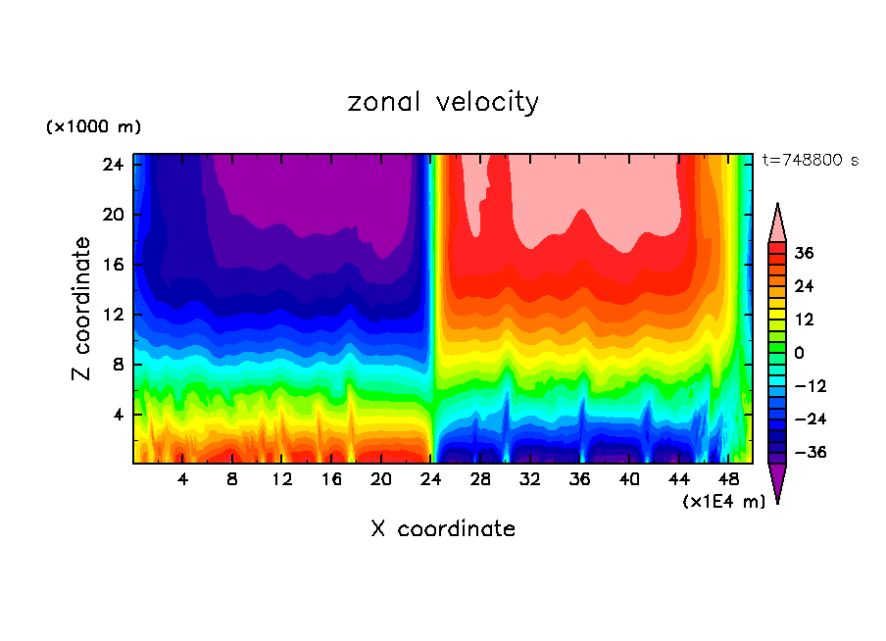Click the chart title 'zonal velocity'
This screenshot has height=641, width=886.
tap(443, 102)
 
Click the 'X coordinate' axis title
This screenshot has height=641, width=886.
tap(443, 529)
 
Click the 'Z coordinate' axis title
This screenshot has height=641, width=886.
tap(82, 309)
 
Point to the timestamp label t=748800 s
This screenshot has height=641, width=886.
tap(811, 160)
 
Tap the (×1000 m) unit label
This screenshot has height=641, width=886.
tap(93, 127)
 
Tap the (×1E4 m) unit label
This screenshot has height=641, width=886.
tap(724, 502)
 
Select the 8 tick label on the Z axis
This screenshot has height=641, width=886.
tap(115, 365)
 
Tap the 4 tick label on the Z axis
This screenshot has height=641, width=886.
tap(115, 415)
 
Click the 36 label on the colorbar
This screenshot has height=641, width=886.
tap(803, 253)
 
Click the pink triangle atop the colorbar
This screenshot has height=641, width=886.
tap(777, 222)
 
